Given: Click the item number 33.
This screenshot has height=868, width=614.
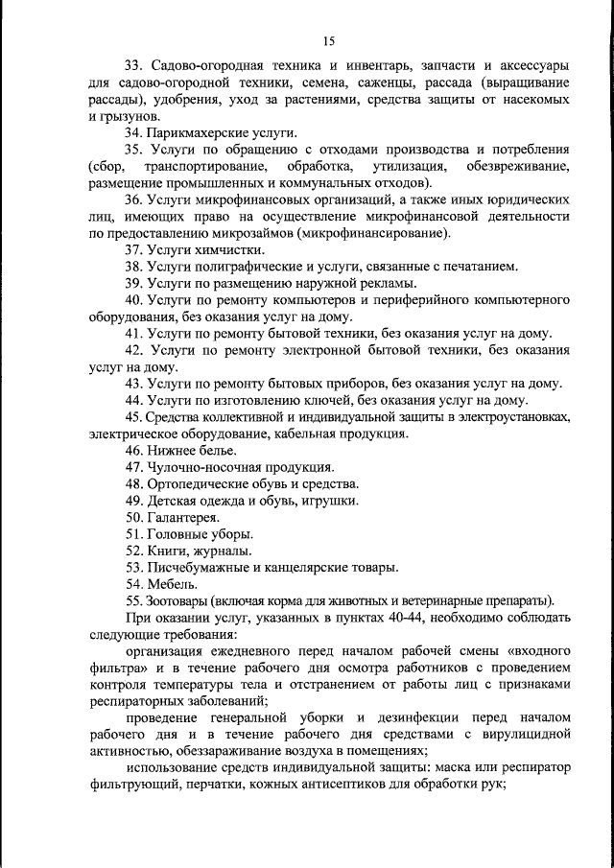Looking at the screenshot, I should pos(133,66).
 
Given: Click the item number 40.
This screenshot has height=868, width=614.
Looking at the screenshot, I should pos(133,300).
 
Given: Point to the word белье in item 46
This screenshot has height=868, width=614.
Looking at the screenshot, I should pos(215,450).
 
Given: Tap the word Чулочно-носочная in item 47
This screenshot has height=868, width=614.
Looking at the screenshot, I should pos(203,467).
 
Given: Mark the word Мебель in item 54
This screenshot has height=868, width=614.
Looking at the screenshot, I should pos(171,583).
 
